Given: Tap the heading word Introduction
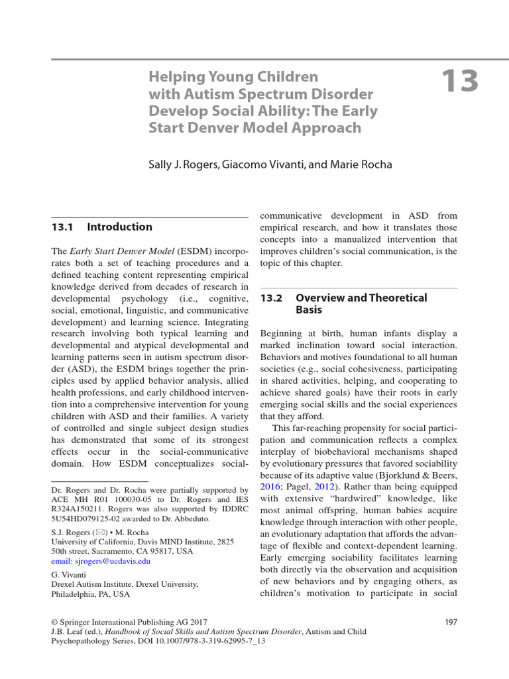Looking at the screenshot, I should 119,227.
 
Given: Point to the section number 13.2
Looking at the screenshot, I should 272,298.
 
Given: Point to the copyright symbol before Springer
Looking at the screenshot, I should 54,622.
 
